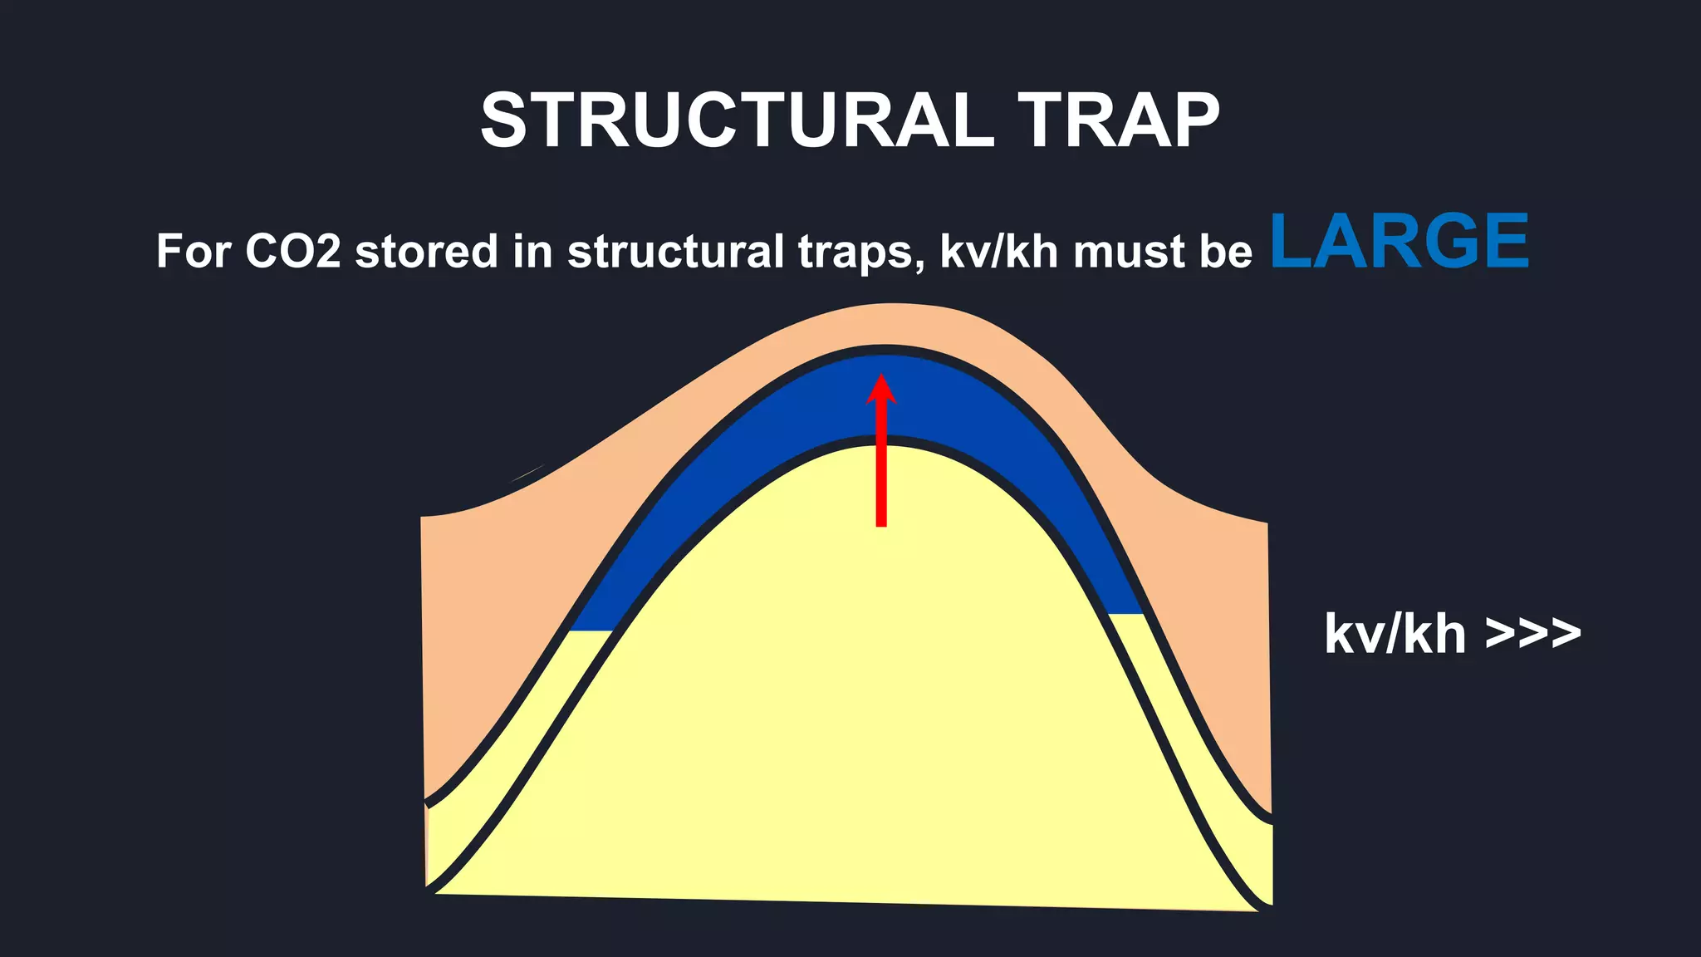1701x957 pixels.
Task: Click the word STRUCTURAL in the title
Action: pos(737,121)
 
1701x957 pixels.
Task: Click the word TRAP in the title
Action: pos(1119,121)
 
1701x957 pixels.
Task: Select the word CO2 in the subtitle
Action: pos(293,251)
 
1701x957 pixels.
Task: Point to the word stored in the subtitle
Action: pos(426,251)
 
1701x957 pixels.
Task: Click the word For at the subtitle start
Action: pos(194,251)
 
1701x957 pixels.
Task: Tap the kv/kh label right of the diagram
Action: pos(1395,635)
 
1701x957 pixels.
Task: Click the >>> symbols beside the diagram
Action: pos(1533,635)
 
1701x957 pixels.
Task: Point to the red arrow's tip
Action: pos(881,379)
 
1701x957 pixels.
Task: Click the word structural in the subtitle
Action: pos(675,251)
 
